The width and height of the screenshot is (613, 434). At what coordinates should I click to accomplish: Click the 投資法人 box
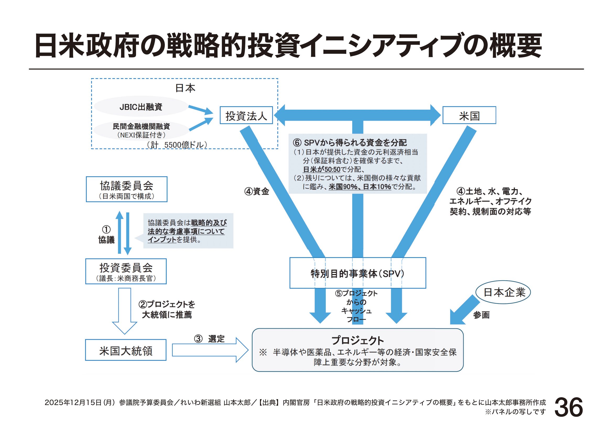(246, 115)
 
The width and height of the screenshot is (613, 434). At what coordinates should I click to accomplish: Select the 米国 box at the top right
(469, 115)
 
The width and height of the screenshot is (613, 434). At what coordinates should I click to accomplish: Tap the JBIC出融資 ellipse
(141, 107)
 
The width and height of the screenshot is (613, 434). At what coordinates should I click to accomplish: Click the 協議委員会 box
(127, 189)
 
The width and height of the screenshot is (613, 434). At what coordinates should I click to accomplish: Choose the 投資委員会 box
(126, 271)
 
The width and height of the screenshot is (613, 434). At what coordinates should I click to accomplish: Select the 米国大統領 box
(126, 350)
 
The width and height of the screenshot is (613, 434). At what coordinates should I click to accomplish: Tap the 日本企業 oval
(503, 292)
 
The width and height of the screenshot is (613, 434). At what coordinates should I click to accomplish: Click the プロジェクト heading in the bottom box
(357, 341)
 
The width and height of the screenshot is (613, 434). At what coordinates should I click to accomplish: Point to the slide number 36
(568, 407)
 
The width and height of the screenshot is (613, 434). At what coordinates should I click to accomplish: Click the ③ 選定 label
(209, 338)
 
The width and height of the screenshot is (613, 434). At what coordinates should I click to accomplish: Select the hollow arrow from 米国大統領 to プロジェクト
(210, 350)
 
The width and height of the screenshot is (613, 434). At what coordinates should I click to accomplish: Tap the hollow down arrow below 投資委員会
(124, 310)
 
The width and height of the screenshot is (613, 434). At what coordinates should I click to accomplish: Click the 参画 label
(481, 315)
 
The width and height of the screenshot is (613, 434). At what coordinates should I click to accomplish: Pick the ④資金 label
(257, 191)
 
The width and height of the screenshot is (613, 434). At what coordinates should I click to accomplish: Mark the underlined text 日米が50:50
(322, 170)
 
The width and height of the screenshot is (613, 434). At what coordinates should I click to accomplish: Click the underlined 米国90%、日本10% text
(360, 187)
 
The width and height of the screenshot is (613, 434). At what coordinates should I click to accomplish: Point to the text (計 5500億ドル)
(177, 145)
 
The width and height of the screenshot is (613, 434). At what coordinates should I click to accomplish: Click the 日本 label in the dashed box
(185, 88)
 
